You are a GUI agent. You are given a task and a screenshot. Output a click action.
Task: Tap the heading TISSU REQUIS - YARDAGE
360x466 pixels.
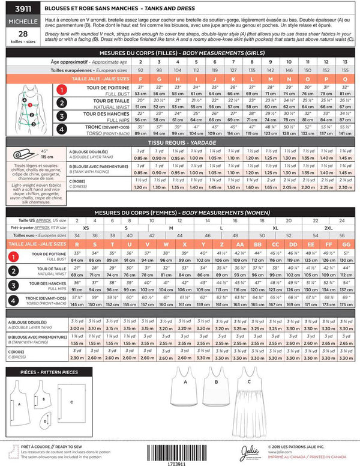point(179,141)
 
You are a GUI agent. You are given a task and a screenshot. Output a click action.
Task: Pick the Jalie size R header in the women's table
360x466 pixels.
point(77,245)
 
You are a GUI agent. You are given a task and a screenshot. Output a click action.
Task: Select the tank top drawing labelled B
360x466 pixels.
point(214,393)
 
